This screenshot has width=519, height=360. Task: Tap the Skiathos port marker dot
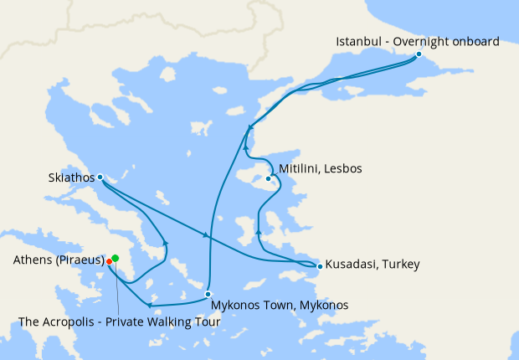[100, 177]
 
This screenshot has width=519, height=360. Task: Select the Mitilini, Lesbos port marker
[269, 178]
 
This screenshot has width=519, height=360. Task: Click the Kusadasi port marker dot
[319, 266]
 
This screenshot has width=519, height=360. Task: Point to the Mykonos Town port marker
[208, 294]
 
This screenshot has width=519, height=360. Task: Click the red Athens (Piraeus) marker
[110, 261]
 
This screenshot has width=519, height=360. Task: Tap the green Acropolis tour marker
[116, 258]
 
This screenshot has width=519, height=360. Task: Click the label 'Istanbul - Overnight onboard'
[417, 41]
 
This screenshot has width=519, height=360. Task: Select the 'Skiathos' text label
[70, 177]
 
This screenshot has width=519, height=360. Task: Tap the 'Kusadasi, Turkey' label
[372, 265]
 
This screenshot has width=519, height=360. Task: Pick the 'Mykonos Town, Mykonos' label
[280, 305]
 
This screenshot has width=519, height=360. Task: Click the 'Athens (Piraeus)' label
[59, 260]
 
